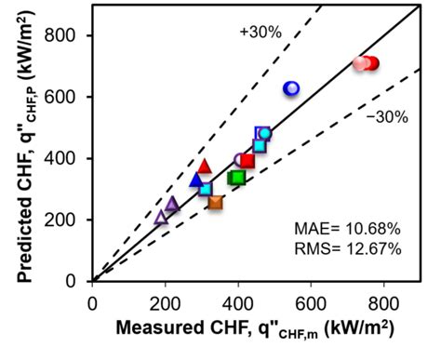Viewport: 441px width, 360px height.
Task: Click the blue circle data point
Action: click(x=291, y=88)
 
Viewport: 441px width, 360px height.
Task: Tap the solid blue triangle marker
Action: click(x=196, y=180)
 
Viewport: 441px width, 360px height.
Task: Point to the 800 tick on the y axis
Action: click(x=67, y=35)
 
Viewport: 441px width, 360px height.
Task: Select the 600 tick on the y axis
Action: click(x=67, y=97)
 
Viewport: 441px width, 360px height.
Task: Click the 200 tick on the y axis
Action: click(x=67, y=220)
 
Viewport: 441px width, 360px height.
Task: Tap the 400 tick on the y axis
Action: click(x=67, y=158)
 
